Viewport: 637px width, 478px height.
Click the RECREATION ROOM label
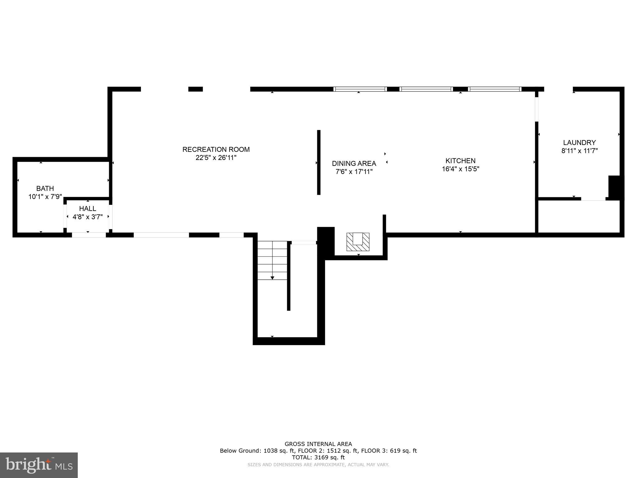tap(216, 149)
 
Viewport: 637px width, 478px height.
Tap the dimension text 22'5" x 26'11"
tap(216, 158)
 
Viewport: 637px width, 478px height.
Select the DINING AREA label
tap(354, 163)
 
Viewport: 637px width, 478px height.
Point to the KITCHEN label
tap(460, 161)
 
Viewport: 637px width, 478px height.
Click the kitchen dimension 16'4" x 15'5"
tap(460, 169)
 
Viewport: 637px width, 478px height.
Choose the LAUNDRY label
tap(579, 143)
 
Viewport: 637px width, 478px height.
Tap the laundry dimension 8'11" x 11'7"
tap(579, 151)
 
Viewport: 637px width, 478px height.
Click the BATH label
tap(45, 188)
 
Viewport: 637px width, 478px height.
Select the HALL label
tap(87, 209)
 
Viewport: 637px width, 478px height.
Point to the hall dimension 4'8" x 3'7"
tap(87, 217)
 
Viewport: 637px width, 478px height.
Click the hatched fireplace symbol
tap(358, 242)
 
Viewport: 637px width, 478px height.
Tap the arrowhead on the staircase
tap(272, 278)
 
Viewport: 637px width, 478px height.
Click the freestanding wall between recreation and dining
tap(318, 162)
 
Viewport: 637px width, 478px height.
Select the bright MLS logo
tap(39, 465)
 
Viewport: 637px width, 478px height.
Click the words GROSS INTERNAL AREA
tap(318, 444)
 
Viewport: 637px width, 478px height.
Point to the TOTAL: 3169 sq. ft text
tap(318, 457)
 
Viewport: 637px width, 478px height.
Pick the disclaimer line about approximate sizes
tap(318, 465)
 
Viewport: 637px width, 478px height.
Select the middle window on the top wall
tap(426, 89)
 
